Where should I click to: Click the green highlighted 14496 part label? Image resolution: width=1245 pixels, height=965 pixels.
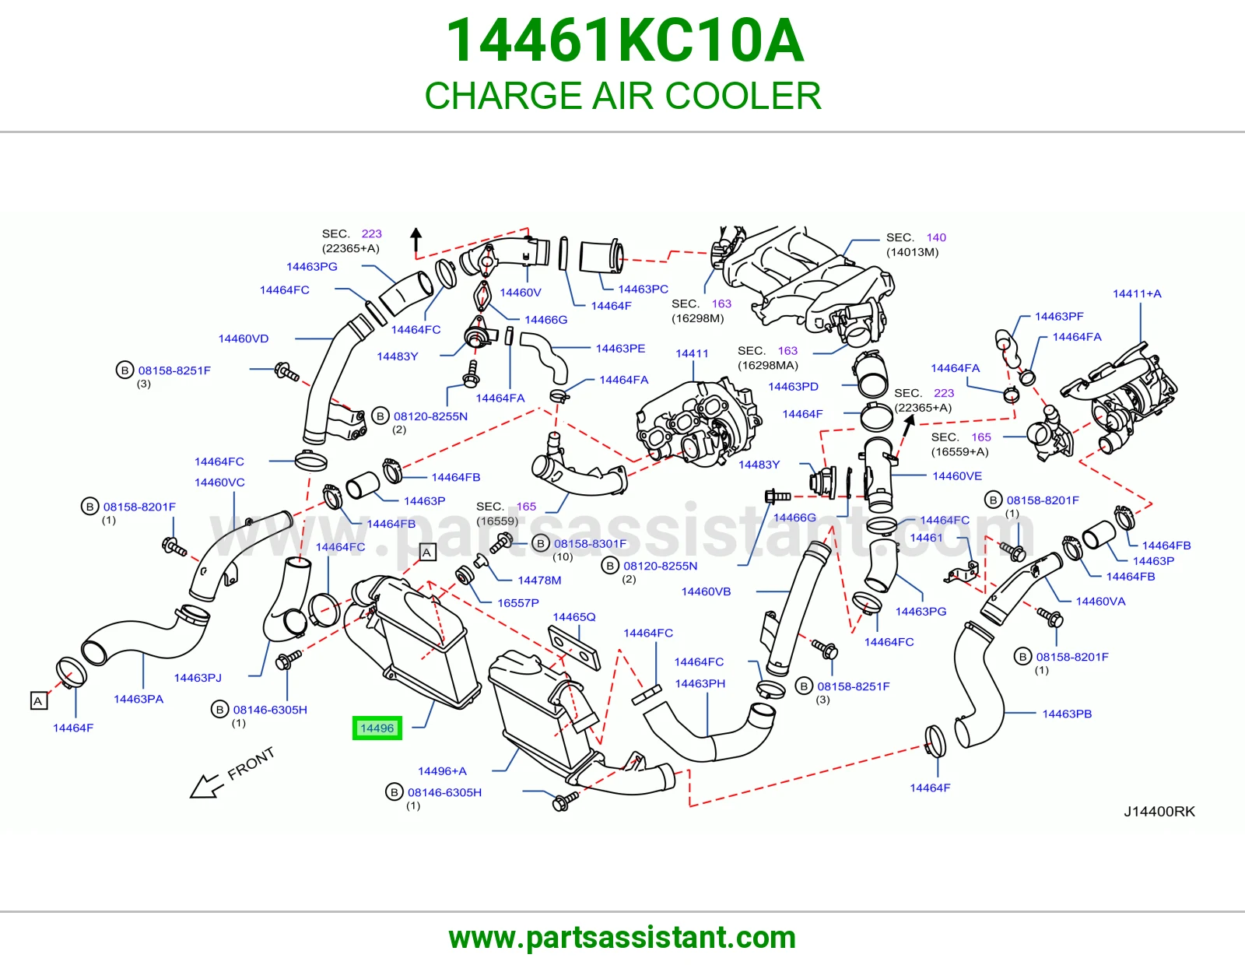coord(377,728)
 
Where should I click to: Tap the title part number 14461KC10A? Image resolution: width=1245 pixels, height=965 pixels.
coord(625,40)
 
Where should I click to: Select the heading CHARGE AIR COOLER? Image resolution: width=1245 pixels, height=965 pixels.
coord(622,95)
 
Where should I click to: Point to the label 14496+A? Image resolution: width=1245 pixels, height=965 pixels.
coord(442,770)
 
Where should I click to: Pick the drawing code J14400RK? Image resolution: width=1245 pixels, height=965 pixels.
coord(1159,811)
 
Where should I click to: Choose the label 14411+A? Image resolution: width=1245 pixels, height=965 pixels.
coord(1137,293)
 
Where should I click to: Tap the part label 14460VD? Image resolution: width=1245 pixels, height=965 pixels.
coord(244,338)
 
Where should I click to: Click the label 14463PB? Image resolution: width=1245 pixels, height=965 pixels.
coord(1067,714)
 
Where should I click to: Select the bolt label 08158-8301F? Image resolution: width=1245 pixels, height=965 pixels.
coord(590,543)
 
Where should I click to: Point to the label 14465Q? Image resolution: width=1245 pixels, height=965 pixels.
coord(574,616)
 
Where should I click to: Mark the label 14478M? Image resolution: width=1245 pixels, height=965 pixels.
coord(540,580)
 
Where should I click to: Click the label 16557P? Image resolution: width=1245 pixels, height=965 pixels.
coord(518,602)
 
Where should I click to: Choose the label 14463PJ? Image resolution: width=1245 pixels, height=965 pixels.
coord(198,677)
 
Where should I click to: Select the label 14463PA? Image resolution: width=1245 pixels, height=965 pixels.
coord(139,699)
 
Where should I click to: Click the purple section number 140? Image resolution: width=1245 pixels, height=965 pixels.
coord(936,237)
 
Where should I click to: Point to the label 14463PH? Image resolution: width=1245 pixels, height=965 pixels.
coord(700,683)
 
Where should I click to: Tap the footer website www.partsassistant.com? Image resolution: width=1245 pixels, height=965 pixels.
coord(622,938)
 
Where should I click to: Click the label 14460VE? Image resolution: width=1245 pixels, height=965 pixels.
coord(957,475)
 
